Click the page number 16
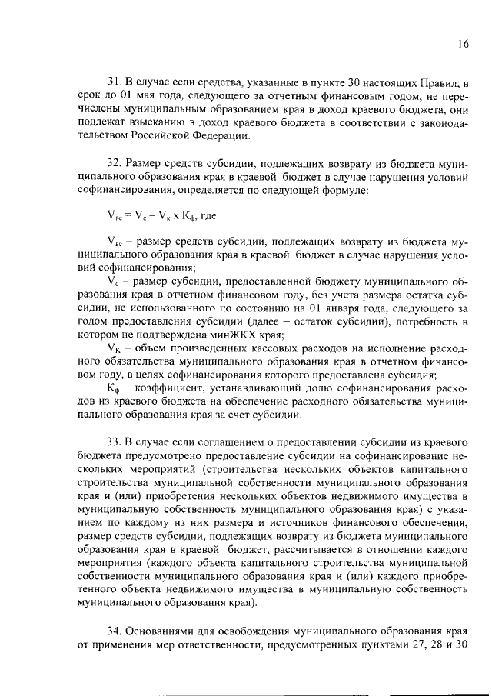pyautogui.click(x=461, y=45)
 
